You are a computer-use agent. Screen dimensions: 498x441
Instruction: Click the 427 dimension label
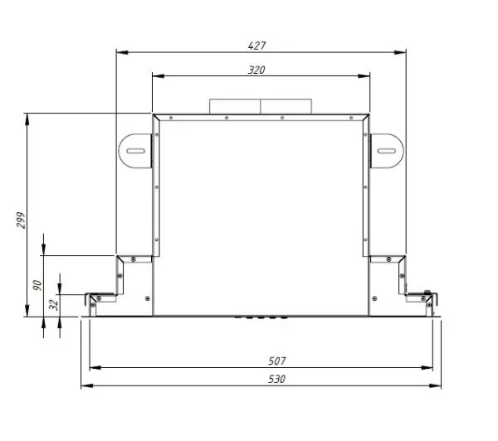(256, 46)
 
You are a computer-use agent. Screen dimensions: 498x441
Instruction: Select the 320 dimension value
(256, 70)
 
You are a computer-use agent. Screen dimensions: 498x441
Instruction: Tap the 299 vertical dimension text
(21, 220)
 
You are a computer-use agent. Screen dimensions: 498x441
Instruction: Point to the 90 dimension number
(37, 285)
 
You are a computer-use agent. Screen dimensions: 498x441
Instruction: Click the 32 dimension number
(54, 304)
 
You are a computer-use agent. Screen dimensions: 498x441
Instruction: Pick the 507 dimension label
(277, 361)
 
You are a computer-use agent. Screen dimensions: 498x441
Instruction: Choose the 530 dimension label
(277, 379)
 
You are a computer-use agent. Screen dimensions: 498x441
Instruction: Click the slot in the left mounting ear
(136, 151)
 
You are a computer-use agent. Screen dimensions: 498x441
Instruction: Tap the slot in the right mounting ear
(386, 151)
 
